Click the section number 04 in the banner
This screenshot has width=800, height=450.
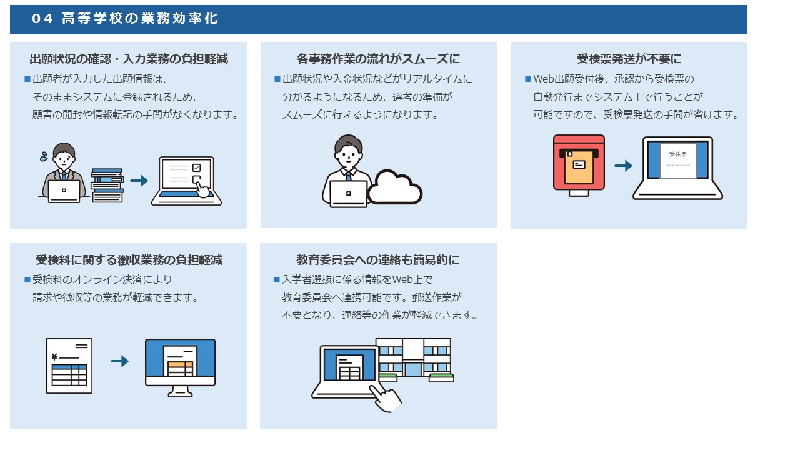(x=42, y=19)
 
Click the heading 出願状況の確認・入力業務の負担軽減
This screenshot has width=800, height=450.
(x=129, y=59)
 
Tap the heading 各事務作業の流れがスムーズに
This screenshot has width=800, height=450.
(x=378, y=59)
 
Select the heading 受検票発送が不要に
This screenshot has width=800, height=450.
(x=629, y=59)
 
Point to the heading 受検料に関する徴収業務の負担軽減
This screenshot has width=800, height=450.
(x=129, y=259)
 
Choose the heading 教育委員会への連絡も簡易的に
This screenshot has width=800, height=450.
(x=378, y=259)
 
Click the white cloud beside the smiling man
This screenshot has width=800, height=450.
(x=395, y=187)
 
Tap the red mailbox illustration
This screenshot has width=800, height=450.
(x=579, y=165)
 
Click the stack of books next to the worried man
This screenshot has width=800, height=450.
(x=107, y=185)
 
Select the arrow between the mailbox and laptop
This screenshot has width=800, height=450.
(x=623, y=166)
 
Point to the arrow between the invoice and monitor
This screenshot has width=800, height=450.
(x=119, y=361)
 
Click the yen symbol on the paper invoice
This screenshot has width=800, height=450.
(x=54, y=357)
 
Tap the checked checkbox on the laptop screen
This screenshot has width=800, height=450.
(x=196, y=167)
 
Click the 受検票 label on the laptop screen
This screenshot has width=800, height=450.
(x=678, y=154)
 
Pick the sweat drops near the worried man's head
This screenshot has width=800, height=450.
(x=44, y=156)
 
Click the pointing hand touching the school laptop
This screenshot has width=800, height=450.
(x=386, y=398)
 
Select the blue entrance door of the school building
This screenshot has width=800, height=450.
(x=413, y=369)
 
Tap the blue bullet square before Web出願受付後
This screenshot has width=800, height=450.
(x=528, y=79)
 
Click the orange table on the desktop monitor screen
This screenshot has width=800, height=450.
(x=181, y=369)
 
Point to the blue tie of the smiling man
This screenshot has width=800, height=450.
(x=348, y=176)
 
